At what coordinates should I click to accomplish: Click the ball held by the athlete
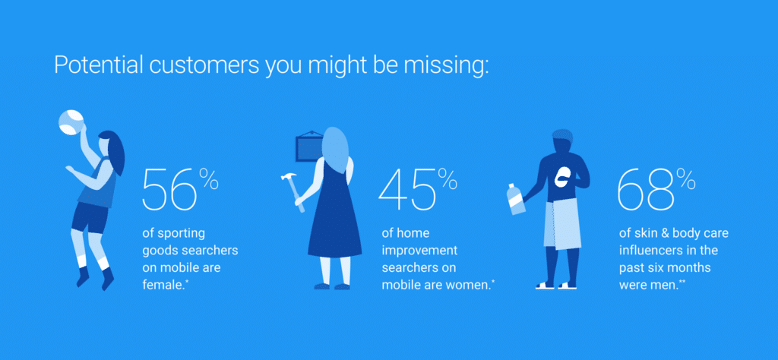tap(71, 122)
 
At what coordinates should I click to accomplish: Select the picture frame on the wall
tap(309, 147)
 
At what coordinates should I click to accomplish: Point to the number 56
tap(171, 190)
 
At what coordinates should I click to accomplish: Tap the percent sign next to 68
tap(686, 179)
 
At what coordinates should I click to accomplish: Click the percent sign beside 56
tap(210, 179)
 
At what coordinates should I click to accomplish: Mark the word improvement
tap(419, 251)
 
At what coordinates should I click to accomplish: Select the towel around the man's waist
tap(561, 224)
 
